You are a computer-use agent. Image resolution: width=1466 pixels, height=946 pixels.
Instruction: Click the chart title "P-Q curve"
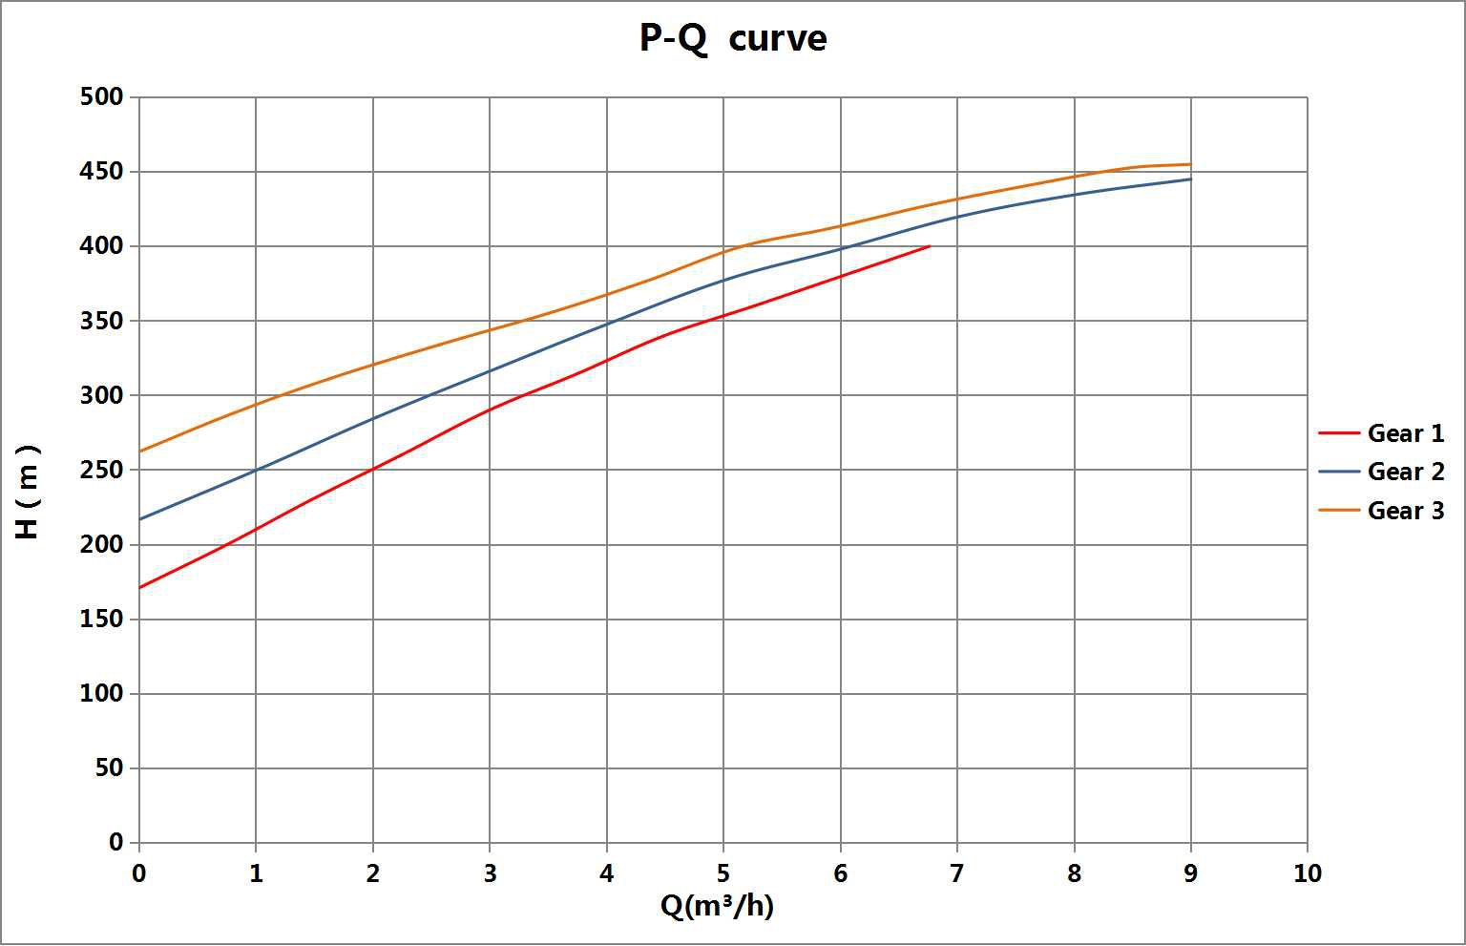coord(732,38)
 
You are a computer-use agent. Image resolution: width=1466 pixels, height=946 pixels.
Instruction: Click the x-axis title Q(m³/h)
coord(717,905)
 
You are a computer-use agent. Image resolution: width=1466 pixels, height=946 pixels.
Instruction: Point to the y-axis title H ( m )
coord(29,492)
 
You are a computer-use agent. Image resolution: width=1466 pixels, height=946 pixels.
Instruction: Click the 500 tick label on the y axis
coord(102,96)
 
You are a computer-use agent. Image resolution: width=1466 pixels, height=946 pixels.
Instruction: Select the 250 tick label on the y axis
coord(102,470)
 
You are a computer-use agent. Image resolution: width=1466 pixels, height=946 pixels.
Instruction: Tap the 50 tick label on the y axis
coord(109,768)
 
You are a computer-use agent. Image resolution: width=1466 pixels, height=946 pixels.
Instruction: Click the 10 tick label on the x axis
coord(1307,873)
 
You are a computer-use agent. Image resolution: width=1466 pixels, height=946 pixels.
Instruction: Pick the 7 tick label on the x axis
coord(956,873)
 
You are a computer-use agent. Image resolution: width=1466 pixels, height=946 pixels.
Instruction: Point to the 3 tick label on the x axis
coord(490,873)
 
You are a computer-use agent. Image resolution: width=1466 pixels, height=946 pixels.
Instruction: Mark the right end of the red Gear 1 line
coord(930,245)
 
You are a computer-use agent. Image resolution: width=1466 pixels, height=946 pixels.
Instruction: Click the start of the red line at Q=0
coord(139,587)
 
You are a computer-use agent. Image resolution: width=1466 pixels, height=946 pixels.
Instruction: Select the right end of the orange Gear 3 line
coord(1190,164)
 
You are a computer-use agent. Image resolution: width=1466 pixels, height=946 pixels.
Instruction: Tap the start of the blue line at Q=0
coord(139,519)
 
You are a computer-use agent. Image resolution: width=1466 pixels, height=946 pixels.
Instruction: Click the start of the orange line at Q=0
coord(139,452)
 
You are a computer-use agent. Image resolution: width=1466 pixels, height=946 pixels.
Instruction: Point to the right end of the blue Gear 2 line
coord(1190,179)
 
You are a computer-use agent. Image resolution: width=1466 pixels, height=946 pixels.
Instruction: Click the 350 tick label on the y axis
coord(102,321)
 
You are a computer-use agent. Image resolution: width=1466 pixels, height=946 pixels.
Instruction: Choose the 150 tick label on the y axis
coord(102,620)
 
